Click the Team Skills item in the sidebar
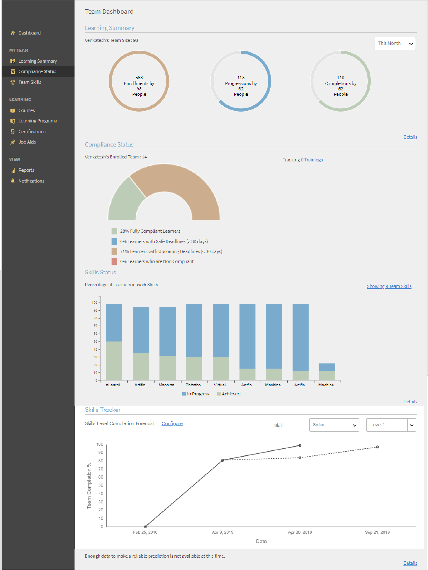(x=30, y=82)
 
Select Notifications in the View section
(x=31, y=181)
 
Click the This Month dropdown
(x=395, y=43)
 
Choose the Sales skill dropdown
(x=334, y=425)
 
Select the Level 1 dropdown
(x=391, y=425)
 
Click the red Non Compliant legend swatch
(x=114, y=261)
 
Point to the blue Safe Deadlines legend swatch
(x=114, y=241)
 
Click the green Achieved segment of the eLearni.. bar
(x=114, y=361)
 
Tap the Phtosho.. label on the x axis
(x=194, y=385)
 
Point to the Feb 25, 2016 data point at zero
(x=145, y=527)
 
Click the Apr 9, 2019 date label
(x=223, y=532)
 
